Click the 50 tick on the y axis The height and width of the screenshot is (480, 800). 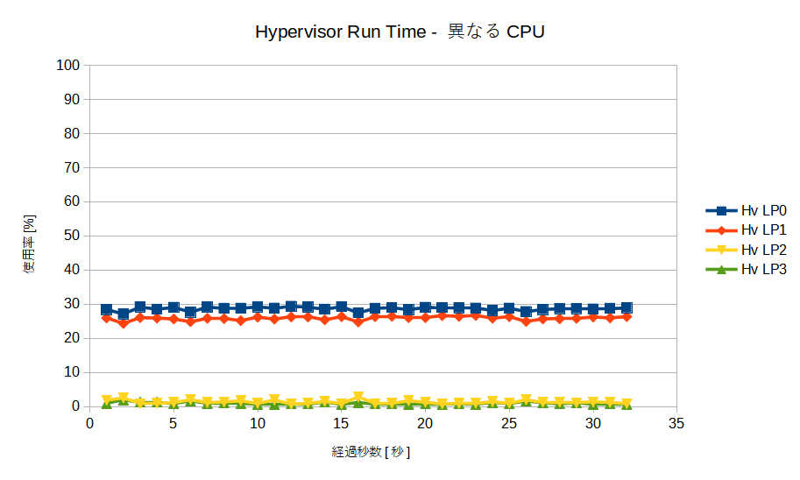pos(72,236)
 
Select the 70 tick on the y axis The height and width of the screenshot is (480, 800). pos(72,167)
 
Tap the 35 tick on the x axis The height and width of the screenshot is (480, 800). pos(676,424)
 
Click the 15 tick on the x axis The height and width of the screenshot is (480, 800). pos(341,424)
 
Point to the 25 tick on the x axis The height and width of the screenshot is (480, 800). pos(508,424)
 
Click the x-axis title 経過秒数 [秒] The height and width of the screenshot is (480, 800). pos(371,452)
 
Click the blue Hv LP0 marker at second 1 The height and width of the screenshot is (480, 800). pos(107,309)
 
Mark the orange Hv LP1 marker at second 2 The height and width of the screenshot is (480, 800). pos(124,323)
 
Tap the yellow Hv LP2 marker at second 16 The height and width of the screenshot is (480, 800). pos(358,397)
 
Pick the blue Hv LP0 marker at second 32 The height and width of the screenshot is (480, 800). pos(626,308)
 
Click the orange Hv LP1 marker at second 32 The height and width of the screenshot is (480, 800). pos(626,317)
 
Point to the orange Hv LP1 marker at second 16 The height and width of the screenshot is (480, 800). pos(358,322)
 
